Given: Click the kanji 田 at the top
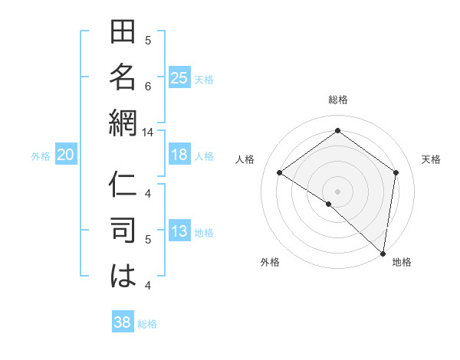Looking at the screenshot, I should coord(123,34).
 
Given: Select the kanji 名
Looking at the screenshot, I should coord(123,77).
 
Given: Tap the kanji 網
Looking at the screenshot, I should coord(123,121).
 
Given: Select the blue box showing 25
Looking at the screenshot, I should coord(179,77).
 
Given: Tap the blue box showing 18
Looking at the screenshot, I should coord(179,155).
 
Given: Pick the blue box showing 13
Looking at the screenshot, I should coord(179,232).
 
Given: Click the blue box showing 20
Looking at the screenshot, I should coord(66,155).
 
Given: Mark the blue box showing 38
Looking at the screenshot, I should coord(123,322).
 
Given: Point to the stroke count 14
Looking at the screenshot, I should coord(148,132).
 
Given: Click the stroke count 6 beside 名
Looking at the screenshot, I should coord(148,86).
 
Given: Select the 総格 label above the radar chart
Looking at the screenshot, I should coord(338,100).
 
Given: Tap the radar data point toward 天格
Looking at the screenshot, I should coord(396,172).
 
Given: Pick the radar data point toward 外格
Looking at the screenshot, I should coord(328,204).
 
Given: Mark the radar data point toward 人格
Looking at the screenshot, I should coord(280,172).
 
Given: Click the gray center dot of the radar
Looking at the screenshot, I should coord(337,191).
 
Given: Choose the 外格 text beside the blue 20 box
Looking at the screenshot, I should coord(41,156).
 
